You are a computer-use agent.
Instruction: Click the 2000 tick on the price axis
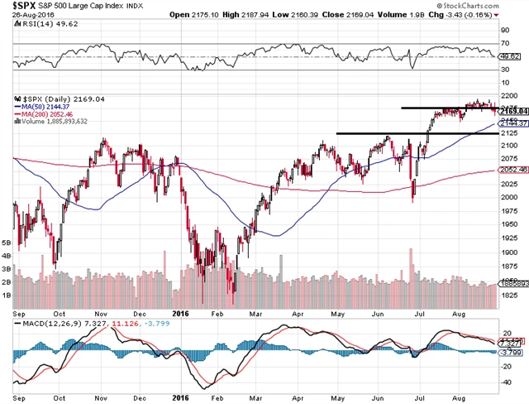coord(509,197)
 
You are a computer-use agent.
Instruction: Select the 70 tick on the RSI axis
coord(505,41)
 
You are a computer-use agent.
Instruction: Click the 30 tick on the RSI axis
coord(505,71)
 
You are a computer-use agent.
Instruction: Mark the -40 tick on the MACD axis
coord(506,383)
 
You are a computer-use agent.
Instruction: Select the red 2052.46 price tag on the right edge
coord(512,170)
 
